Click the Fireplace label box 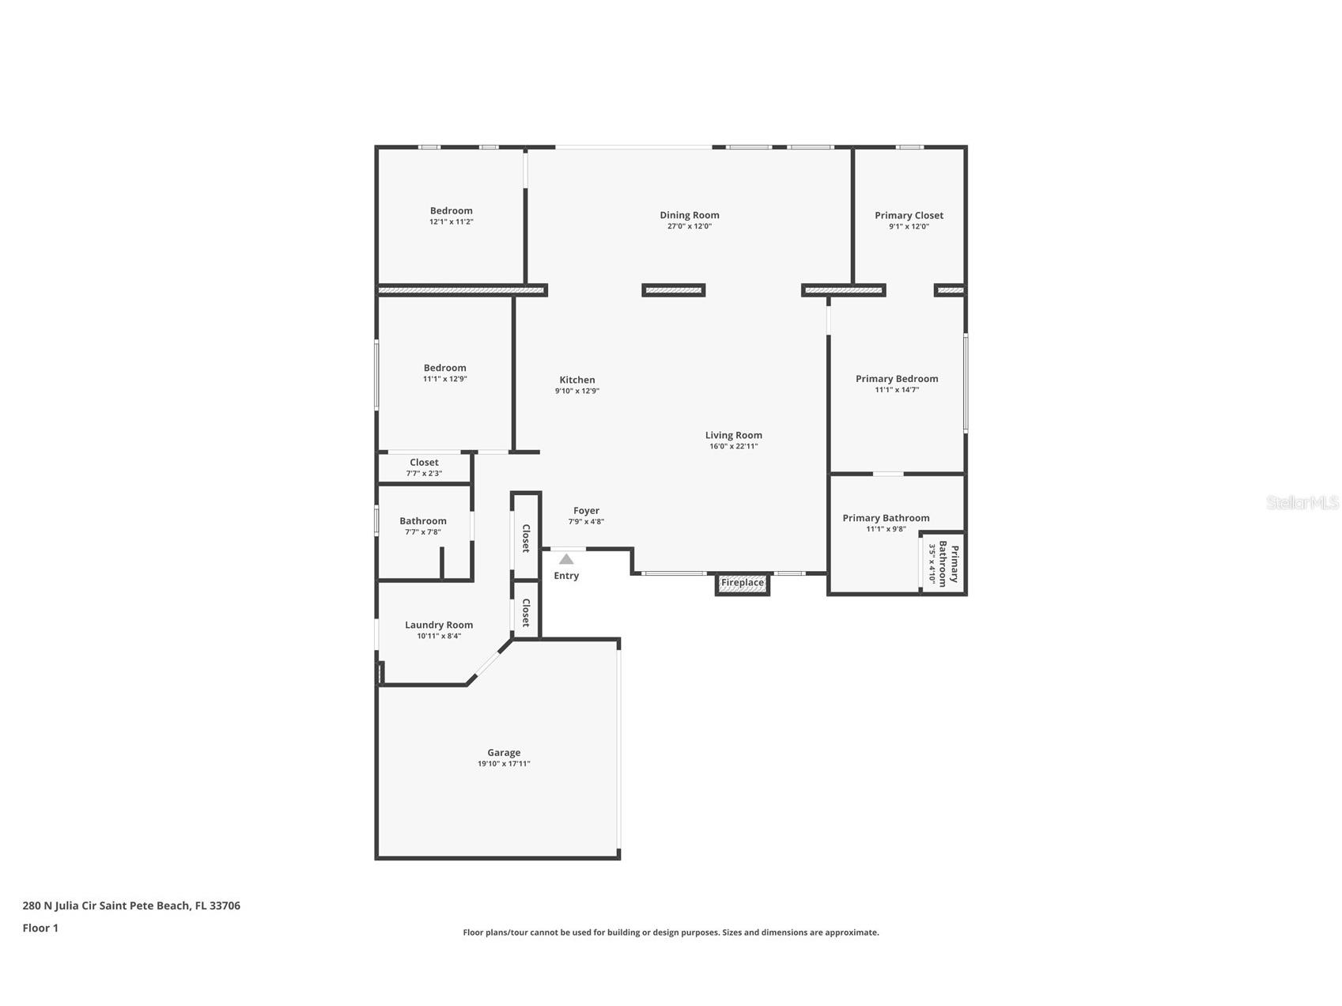coord(743,583)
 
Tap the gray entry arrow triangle coord(566,559)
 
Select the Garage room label coord(504,753)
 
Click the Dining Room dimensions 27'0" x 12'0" coord(690,226)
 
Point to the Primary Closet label coord(909,215)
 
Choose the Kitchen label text coord(577,380)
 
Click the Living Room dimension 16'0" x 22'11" coord(733,446)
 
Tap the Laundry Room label coord(439,625)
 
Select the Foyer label coord(586,511)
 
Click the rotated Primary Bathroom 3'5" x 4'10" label coord(943,564)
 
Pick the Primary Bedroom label coord(897,379)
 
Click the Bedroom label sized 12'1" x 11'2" coord(452,210)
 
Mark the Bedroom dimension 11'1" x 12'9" coord(444,379)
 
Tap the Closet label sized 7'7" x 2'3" coord(424,463)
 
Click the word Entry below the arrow coord(566,576)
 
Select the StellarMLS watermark coord(1302,502)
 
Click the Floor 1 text coord(40,928)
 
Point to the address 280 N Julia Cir coord(131,906)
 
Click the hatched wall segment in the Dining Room coord(673,290)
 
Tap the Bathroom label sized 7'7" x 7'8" coord(423,521)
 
